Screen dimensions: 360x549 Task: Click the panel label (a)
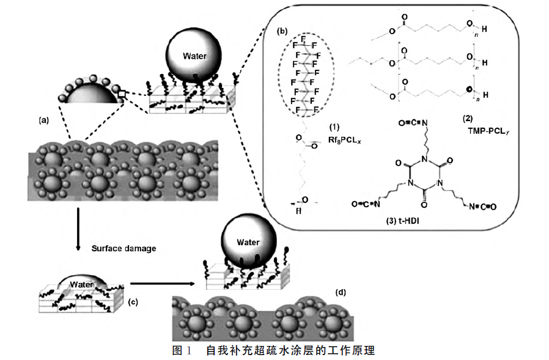(x=43, y=120)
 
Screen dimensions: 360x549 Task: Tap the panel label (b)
(x=282, y=31)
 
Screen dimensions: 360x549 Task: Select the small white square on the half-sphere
(x=122, y=94)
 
